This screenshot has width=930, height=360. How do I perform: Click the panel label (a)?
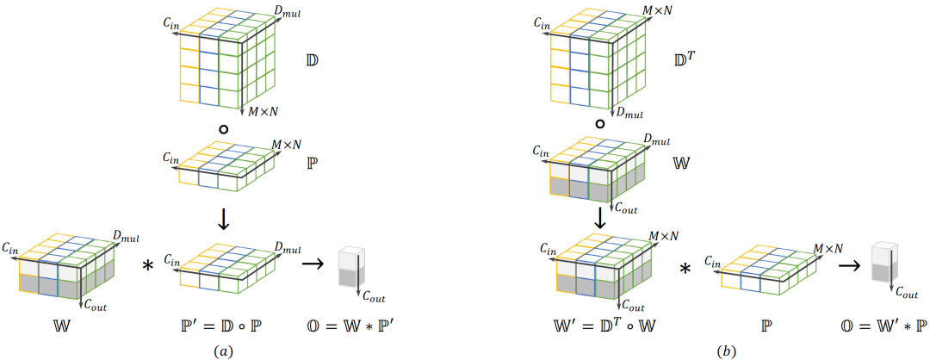pyautogui.click(x=225, y=351)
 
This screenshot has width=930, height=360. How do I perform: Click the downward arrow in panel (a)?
pyautogui.click(x=223, y=218)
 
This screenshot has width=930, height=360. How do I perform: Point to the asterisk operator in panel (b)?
pyautogui.click(x=685, y=269)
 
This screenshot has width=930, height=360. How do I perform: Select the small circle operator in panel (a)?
pyautogui.click(x=224, y=128)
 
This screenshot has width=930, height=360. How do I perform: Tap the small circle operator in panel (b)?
pyautogui.click(x=599, y=125)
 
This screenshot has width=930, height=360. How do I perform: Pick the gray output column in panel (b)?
pyautogui.click(x=884, y=261)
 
